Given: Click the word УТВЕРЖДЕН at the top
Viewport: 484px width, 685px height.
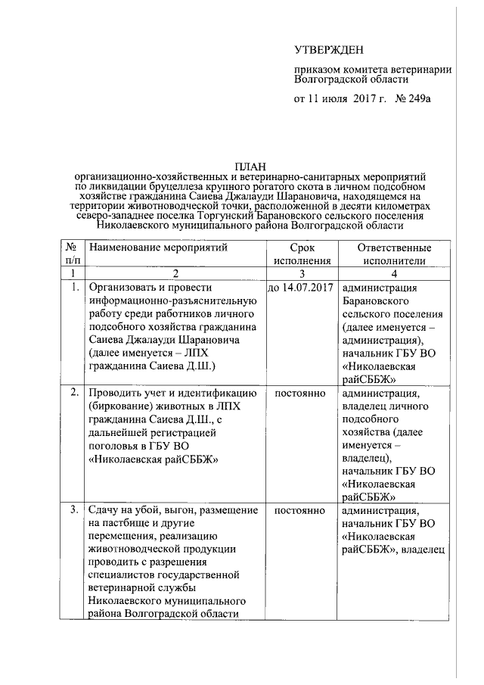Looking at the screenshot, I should click(329, 51).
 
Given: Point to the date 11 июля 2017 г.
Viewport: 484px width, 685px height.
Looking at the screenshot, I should click(344, 99).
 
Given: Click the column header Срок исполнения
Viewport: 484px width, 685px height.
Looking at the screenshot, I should click(301, 254).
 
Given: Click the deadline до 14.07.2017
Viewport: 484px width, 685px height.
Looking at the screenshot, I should click(301, 288).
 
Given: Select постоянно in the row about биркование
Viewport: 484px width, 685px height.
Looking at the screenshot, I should click(300, 393).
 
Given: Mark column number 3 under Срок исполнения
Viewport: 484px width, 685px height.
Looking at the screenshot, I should click(301, 274).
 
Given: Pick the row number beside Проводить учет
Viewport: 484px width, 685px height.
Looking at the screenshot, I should click(74, 393).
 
